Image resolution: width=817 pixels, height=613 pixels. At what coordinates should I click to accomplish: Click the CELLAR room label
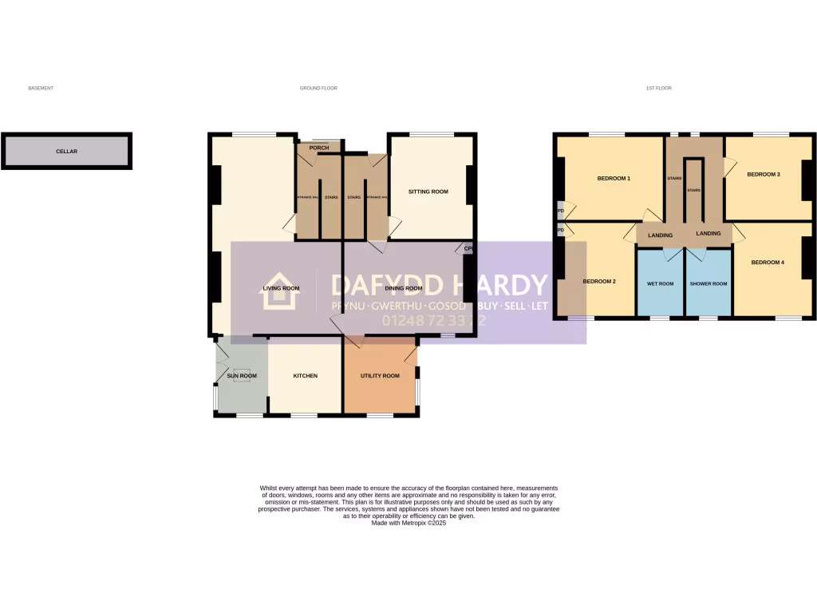pos(67,151)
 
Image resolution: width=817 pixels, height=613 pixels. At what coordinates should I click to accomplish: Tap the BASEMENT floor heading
pos(41,88)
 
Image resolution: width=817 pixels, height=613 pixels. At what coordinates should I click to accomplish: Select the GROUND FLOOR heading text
pos(319,88)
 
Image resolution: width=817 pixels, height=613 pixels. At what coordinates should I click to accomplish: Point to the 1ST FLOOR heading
pos(658,88)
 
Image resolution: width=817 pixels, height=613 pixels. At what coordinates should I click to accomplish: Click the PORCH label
pos(319,148)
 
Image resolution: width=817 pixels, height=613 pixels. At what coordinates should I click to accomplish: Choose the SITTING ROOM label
pos(428,192)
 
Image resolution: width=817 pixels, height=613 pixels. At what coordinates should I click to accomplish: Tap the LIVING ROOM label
pos(282,288)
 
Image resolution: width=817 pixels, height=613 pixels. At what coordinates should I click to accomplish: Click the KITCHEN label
pos(306,376)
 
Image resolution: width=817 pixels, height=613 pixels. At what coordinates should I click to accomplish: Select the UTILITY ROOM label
pos(380,376)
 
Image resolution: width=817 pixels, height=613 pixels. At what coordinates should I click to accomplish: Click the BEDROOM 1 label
pos(614,178)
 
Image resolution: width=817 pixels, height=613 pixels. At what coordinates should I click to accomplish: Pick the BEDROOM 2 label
pos(599,282)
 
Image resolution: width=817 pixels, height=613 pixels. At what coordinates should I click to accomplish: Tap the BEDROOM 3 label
pos(764,174)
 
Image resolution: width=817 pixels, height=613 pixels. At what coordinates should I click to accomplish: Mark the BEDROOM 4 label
pos(768,262)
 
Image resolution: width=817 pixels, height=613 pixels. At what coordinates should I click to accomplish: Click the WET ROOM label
pos(661,284)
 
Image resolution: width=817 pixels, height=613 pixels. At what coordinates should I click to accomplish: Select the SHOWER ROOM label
pos(708,284)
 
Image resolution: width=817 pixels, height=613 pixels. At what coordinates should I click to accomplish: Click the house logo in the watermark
pos(279,292)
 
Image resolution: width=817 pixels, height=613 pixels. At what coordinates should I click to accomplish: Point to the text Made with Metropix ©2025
pos(408,523)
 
